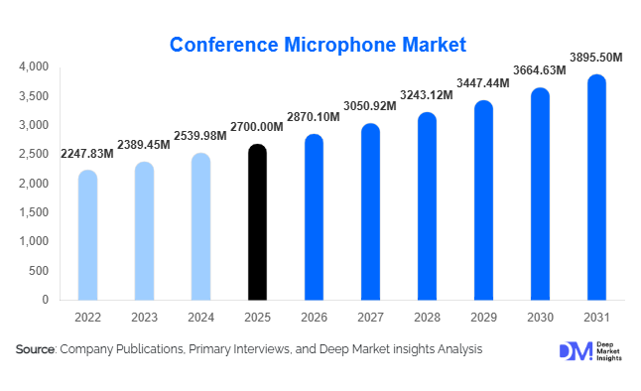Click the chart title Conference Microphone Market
(318, 45)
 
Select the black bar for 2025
(257, 223)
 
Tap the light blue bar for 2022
(87, 236)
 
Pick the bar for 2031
(596, 189)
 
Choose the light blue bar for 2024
(200, 227)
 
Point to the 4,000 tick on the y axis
(34, 66)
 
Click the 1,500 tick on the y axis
(34, 212)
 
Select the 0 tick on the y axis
(45, 300)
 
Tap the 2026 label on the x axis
(314, 318)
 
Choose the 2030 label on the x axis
(540, 318)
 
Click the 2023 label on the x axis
(144, 318)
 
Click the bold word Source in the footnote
(36, 349)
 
